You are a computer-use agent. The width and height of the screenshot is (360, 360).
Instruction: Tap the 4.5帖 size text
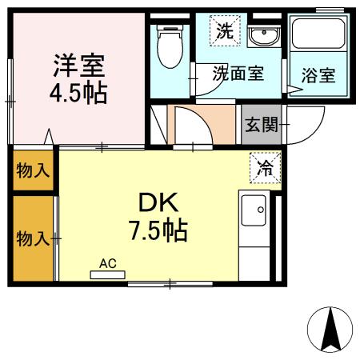click(78, 91)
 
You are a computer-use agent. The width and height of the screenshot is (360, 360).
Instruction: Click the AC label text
click(108, 262)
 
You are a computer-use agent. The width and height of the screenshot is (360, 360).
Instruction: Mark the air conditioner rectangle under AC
click(108, 274)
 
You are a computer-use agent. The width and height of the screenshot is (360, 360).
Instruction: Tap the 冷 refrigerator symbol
click(264, 167)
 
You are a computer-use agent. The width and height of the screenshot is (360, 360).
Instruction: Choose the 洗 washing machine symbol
click(225, 31)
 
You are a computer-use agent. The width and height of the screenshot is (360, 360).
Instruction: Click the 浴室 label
click(318, 76)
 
